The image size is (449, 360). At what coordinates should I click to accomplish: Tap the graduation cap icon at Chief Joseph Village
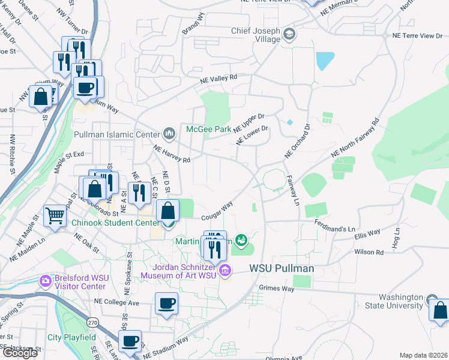pos(289,33)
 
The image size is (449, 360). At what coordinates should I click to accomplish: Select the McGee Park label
pos(208,129)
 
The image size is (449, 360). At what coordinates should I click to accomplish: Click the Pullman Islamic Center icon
pos(169,133)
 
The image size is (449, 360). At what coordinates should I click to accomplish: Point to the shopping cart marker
pos(55,215)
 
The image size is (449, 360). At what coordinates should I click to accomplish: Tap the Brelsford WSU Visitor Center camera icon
pos(45,280)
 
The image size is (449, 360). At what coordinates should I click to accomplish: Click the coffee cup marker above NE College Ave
pos(167,303)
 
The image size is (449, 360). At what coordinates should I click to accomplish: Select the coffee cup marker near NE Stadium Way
pos(130,341)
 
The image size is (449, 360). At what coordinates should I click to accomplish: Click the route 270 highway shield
pos(92,322)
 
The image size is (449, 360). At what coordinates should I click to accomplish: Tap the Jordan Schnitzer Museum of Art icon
pos(225,271)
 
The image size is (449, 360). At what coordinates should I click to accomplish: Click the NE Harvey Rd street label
pos(172,155)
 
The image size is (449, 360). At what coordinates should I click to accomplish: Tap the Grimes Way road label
pos(276,289)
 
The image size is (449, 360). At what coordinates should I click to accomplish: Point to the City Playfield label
pos(71,337)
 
